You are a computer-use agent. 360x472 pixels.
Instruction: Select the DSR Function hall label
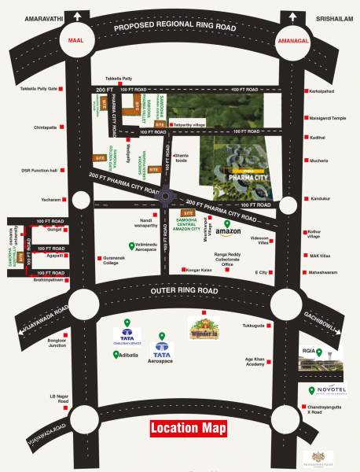[39, 170]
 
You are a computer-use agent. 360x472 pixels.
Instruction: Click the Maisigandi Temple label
[328, 118]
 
